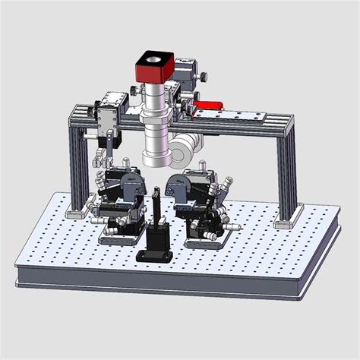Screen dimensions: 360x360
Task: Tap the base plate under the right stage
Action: coord(204,242)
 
